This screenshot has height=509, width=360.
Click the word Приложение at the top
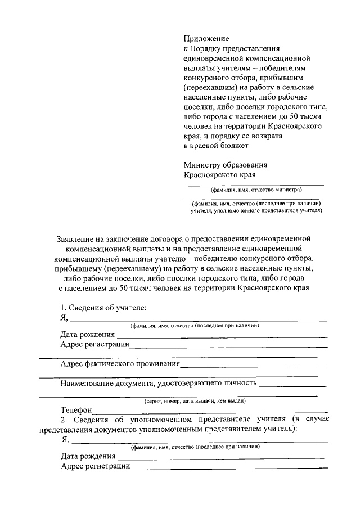tap(206, 39)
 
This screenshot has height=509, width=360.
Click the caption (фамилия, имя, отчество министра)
tap(256, 190)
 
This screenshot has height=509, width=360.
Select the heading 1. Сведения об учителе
tap(103, 308)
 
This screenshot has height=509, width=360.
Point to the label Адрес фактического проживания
tap(120, 363)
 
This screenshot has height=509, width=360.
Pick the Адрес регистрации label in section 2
tap(95, 466)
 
